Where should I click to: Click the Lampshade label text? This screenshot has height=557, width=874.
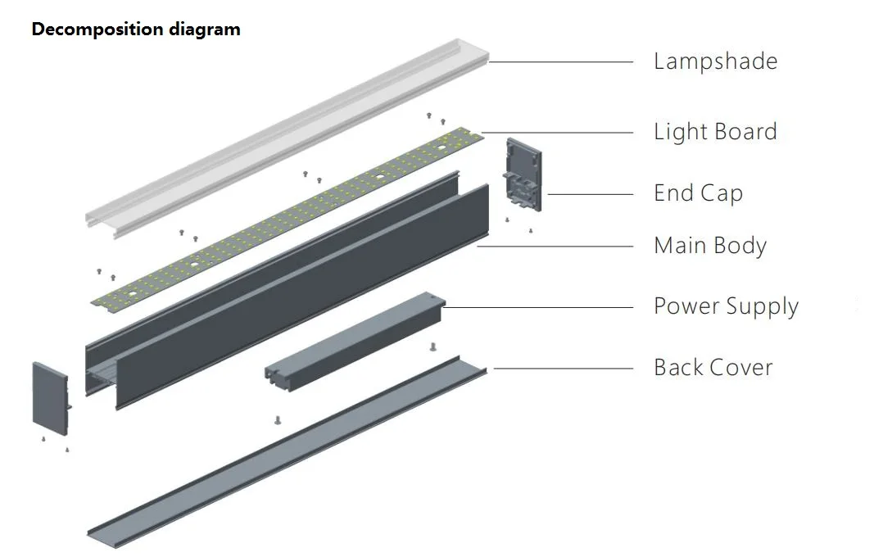point(715,61)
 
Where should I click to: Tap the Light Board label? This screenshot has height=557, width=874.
point(715,132)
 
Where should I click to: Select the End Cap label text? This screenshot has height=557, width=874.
point(699,193)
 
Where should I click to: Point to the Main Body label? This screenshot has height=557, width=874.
point(710,246)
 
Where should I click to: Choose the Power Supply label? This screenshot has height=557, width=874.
point(727,306)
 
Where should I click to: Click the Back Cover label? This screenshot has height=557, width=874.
point(713,368)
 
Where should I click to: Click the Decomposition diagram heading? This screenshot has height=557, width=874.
point(136,29)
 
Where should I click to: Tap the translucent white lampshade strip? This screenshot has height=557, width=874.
point(287,138)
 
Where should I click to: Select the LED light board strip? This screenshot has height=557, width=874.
point(288,217)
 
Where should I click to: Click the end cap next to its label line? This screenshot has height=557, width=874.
point(523,175)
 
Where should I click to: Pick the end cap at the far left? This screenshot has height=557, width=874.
point(52,399)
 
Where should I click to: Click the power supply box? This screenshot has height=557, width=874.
point(355,342)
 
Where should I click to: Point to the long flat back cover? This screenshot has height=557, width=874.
point(287,452)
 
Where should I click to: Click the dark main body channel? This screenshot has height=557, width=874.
point(287,291)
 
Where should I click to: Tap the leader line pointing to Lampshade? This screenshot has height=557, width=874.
point(561,62)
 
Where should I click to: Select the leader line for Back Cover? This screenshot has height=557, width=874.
point(564,369)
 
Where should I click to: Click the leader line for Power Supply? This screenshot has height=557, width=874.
point(538,307)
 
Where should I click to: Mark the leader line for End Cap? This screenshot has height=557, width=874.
point(591,195)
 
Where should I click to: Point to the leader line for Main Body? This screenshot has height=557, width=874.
point(555,246)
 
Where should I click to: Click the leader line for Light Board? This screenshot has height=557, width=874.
point(557,133)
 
